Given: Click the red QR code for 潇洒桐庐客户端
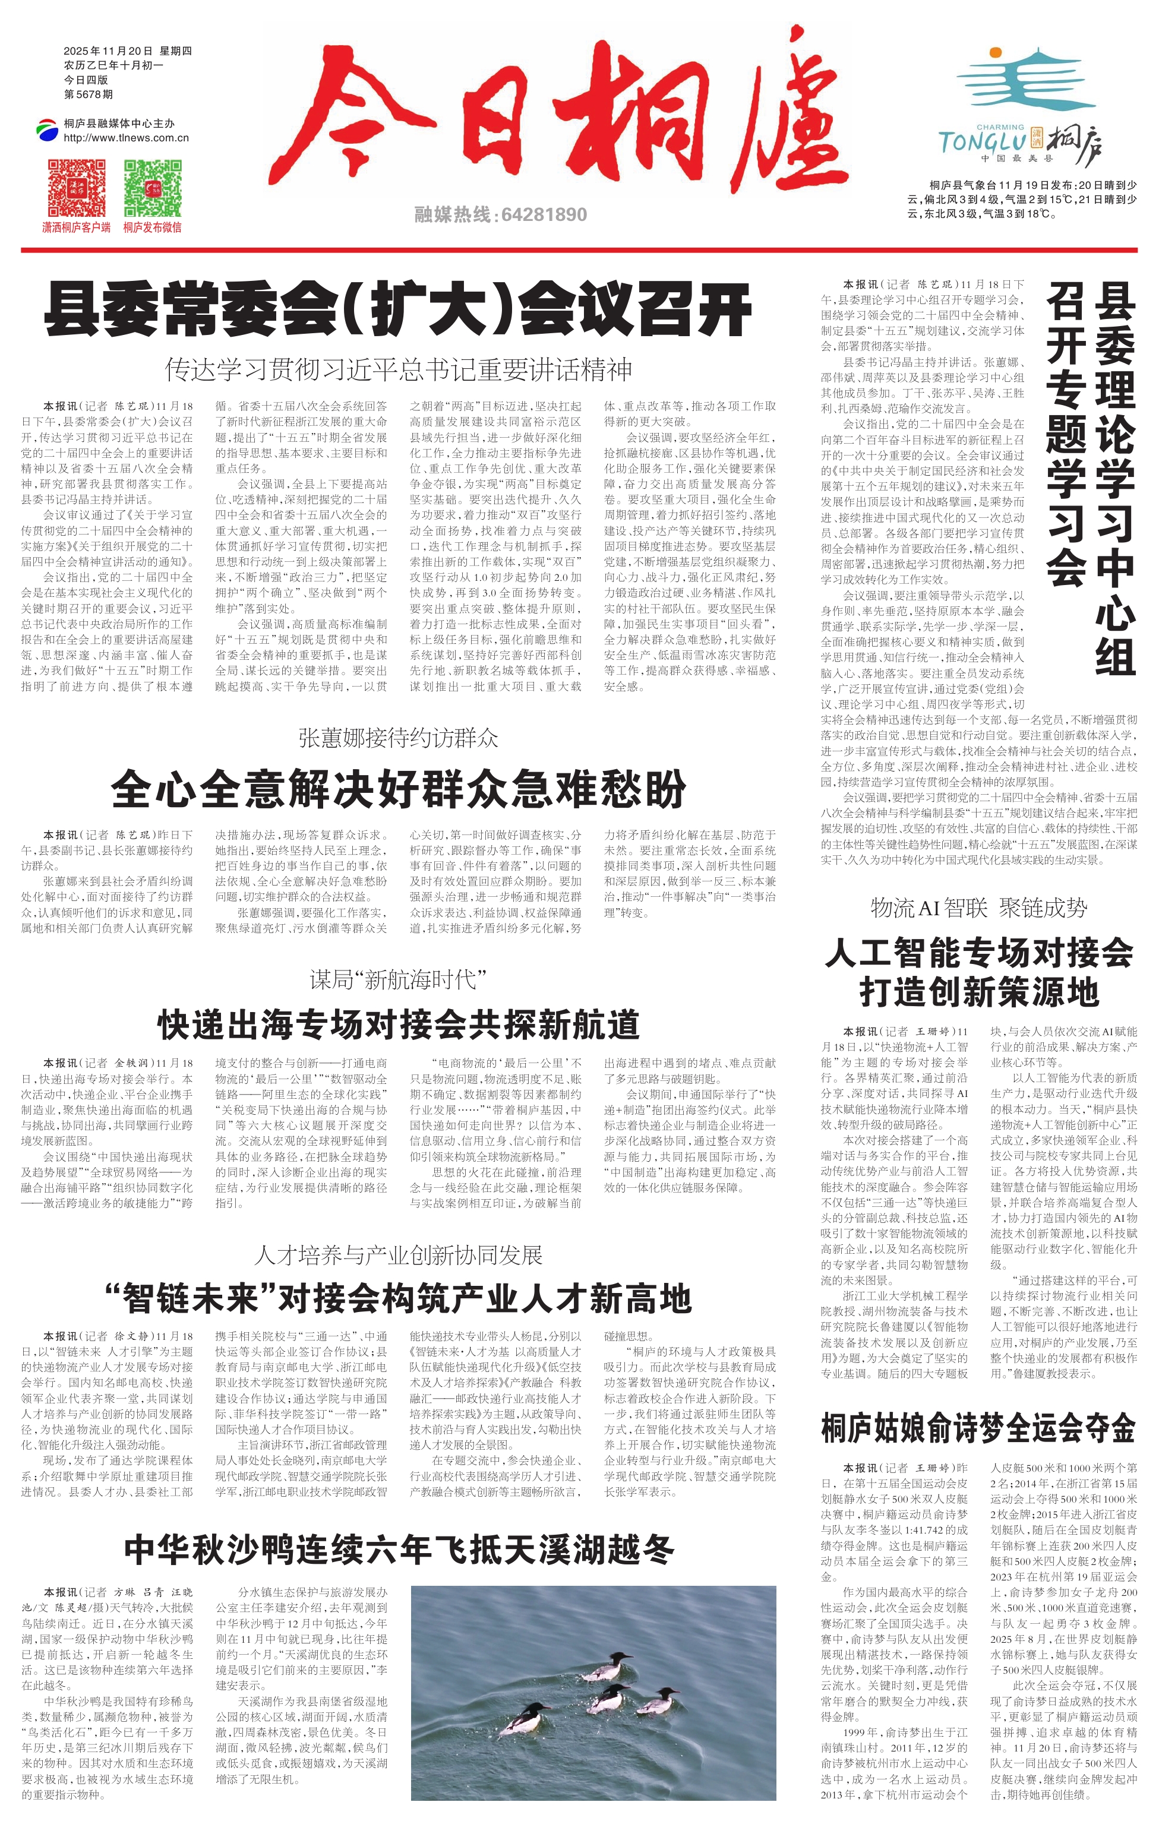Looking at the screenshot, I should click(77, 188).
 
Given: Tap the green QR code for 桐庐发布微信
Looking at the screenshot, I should click(152, 188).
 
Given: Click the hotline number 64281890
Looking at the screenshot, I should click(543, 215).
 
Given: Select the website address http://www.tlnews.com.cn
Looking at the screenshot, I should click(127, 138).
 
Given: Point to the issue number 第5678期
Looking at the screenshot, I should click(89, 94).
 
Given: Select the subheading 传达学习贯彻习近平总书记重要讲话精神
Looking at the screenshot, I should click(398, 370).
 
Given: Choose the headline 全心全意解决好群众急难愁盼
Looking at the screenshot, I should click(398, 789).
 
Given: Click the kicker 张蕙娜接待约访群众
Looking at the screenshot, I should click(398, 737).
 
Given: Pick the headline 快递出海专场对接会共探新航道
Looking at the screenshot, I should click(398, 1025).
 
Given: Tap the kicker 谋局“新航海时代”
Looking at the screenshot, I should click(398, 980).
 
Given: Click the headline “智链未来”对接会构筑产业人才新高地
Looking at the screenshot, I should click(398, 1298).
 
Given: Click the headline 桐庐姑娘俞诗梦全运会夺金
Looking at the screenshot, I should click(978, 1428).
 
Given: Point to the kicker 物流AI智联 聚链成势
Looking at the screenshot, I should click(978, 908).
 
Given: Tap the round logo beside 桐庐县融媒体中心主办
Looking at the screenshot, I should click(48, 130).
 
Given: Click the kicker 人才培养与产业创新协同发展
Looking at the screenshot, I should click(398, 1256).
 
